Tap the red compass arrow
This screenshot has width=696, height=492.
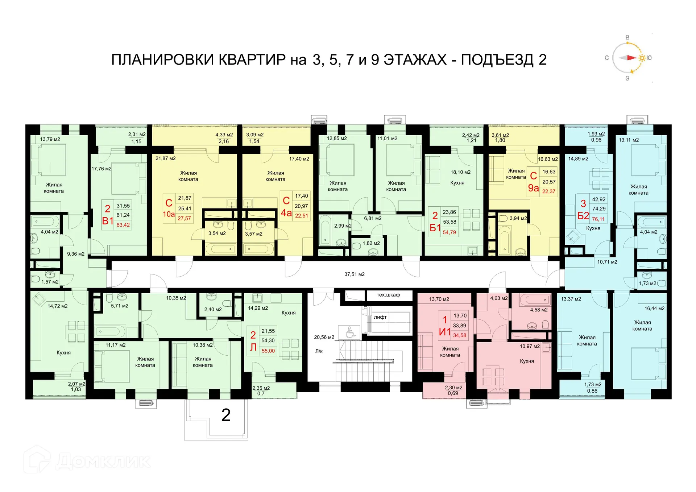pos(631,58)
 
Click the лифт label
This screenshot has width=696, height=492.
pos(380,317)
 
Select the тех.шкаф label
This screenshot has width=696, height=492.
pos(388,295)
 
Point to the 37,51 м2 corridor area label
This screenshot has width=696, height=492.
pos(354,274)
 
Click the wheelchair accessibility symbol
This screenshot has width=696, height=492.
pos(350,332)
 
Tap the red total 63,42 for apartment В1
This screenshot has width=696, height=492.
pos(123,225)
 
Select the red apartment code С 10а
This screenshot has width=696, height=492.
pos(169,208)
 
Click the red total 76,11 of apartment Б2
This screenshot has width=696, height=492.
pos(598,219)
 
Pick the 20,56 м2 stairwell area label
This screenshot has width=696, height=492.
pos(324,337)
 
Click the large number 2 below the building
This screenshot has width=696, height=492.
pos(226,415)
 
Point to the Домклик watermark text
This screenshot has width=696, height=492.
pos(103,461)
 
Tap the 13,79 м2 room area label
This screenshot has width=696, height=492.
pos(50,139)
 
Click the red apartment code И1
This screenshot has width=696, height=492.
pos(445,326)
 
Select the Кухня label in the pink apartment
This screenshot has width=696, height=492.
pos(527,361)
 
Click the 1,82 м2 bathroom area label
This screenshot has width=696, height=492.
pos(371,243)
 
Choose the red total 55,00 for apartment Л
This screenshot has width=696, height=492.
pos(268,351)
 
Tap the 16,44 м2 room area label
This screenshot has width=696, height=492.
pos(654,309)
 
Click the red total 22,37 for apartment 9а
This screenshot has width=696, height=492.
pos(549,191)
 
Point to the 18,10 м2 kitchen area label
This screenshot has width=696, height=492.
pos(460,172)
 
